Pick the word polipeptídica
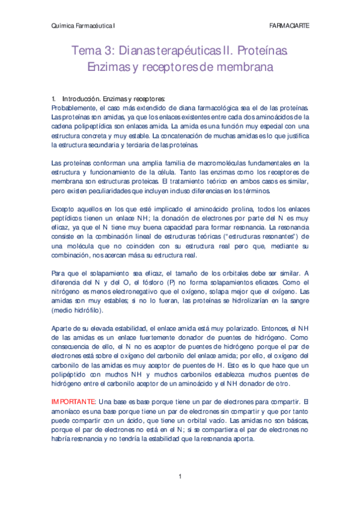100,126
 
